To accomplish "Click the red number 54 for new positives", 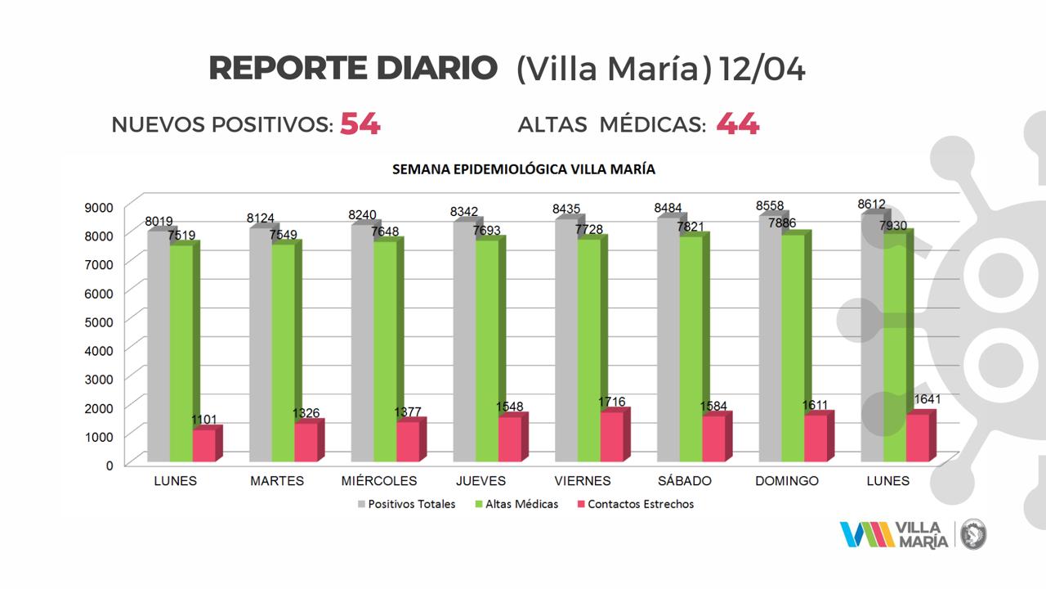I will [x=360, y=124].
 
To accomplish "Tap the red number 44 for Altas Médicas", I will [x=737, y=124].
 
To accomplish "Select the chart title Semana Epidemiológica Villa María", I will [x=523, y=170].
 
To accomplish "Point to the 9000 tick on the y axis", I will [x=99, y=207].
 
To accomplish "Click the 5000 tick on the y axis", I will [x=99, y=321].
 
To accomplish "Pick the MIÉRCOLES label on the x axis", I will [x=379, y=481].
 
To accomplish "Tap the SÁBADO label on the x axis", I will [x=684, y=481].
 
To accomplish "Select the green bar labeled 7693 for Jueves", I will [x=487, y=352].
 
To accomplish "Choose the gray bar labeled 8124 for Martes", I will [x=261, y=344].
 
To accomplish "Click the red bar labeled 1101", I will [x=204, y=445].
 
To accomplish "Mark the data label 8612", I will [x=871, y=205].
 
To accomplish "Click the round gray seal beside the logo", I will [x=974, y=535].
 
